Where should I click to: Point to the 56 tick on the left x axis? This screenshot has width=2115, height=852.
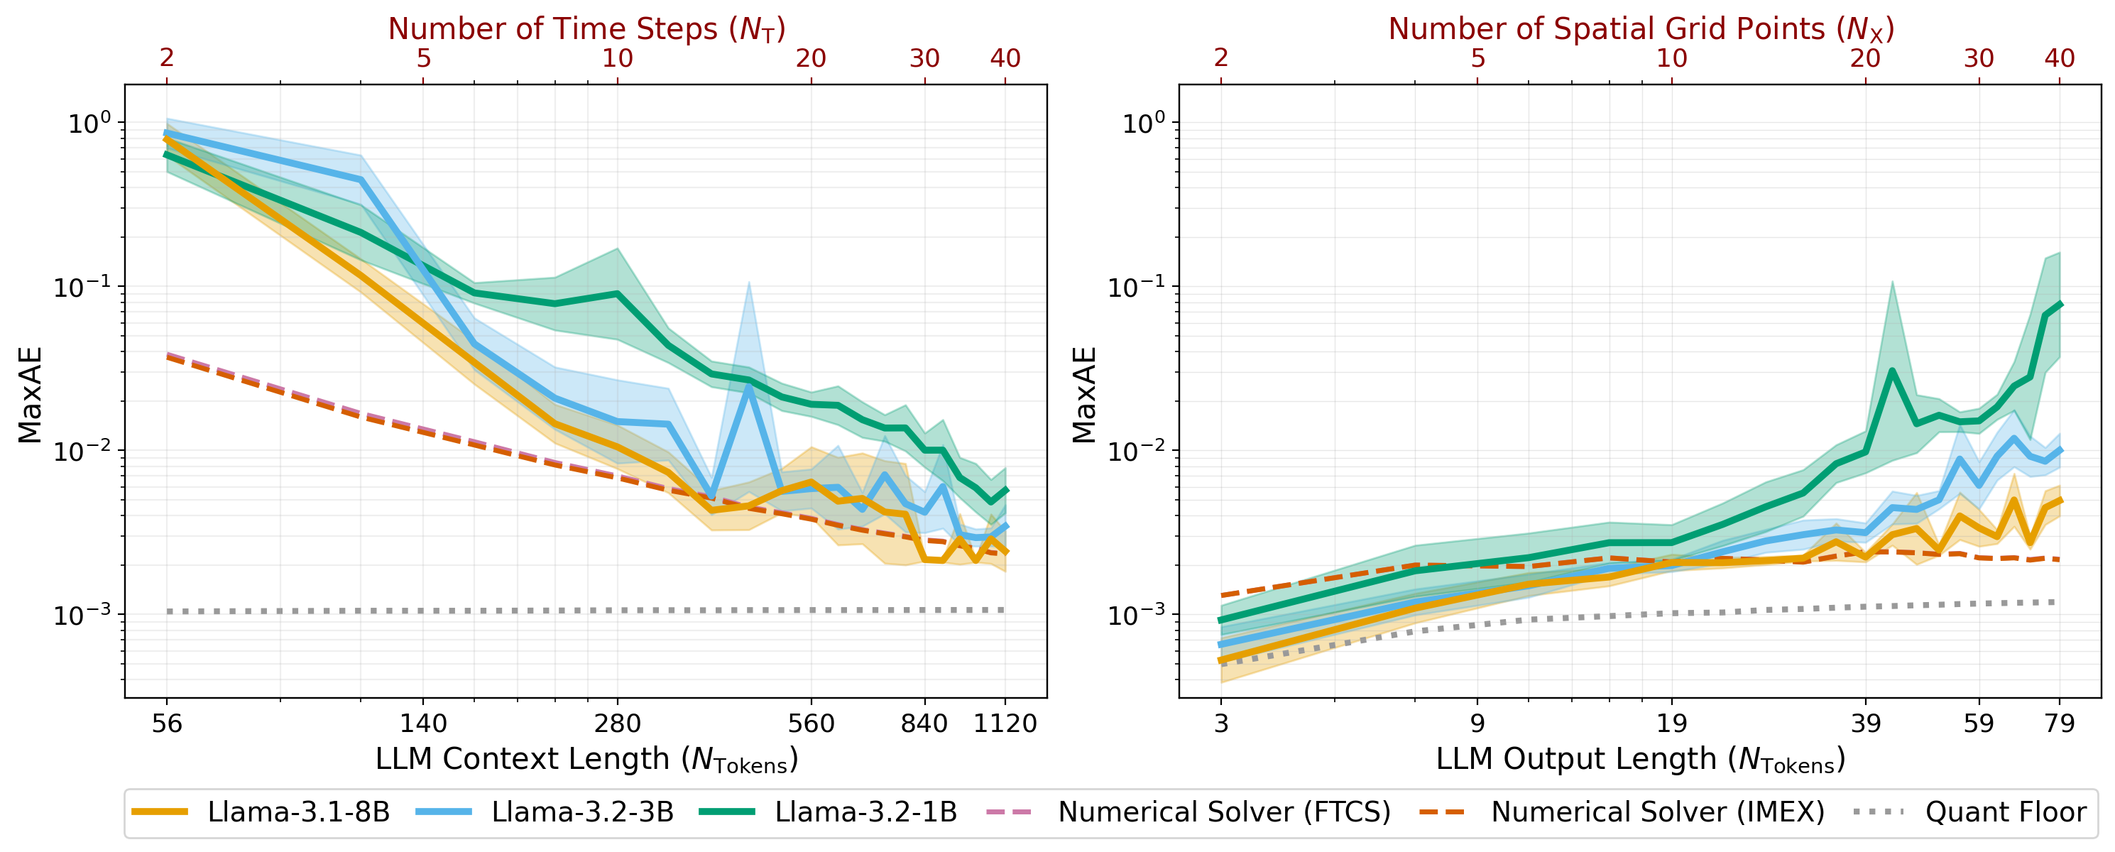(167, 723)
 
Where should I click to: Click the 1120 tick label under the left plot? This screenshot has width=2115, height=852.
(1005, 723)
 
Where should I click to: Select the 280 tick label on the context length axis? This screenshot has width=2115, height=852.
(618, 723)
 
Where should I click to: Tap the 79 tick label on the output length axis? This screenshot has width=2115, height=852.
(2059, 723)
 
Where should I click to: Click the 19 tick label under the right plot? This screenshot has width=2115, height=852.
(1672, 723)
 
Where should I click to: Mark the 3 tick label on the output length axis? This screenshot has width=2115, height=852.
(1221, 723)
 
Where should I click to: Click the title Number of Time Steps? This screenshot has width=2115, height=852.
(586, 28)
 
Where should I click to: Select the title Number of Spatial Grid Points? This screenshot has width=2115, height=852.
(1641, 28)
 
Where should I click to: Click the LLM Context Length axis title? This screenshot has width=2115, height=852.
(586, 759)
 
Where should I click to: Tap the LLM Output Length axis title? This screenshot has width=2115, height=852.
(1641, 759)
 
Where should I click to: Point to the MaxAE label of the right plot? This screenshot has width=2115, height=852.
(1085, 395)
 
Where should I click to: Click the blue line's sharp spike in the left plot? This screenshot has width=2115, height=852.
(749, 385)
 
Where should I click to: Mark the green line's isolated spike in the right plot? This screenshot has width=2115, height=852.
(1891, 370)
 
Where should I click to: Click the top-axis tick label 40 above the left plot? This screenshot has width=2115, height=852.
(1005, 58)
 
